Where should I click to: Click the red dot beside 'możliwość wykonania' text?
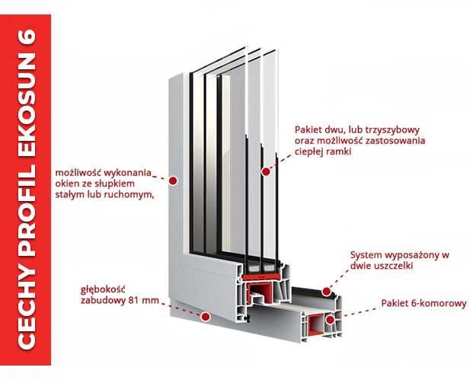pos(174,180)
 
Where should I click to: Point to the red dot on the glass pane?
pos(265,171)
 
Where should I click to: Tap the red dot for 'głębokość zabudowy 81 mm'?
pos(205,315)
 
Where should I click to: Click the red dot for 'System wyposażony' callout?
pos(325,291)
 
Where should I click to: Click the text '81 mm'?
pos(145,301)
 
